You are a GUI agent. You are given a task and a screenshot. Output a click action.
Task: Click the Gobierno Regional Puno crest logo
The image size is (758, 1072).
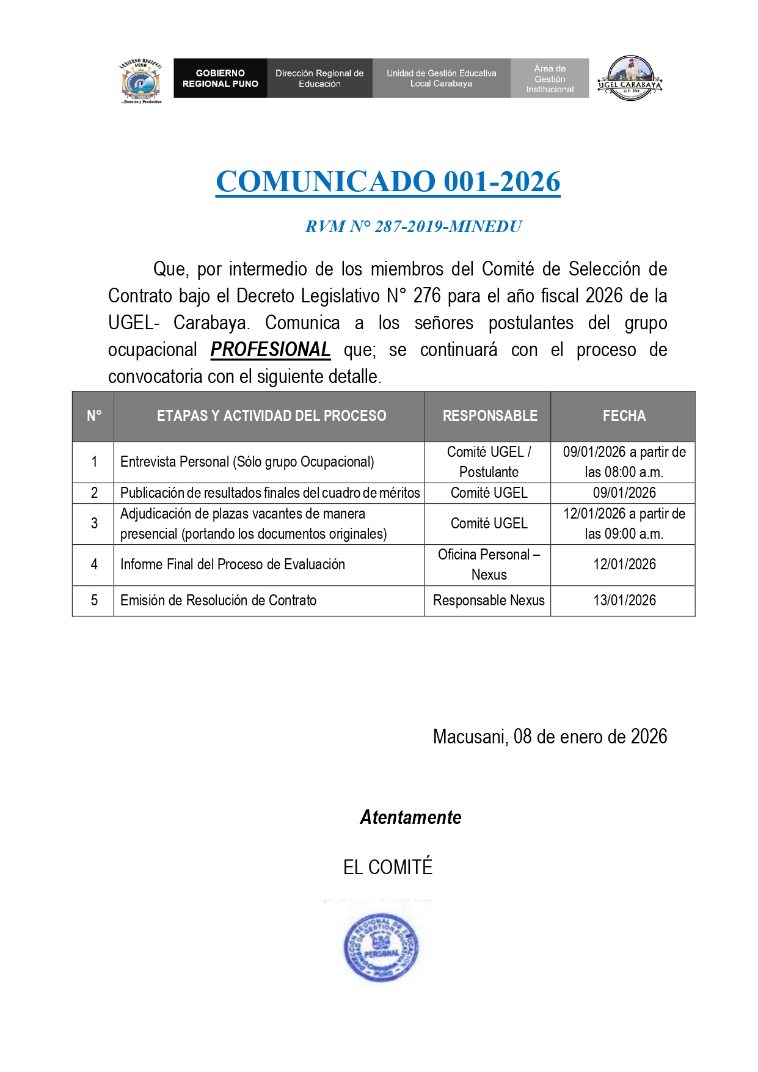(141, 81)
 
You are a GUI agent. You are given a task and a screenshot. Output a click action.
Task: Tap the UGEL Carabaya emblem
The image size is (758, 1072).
(630, 78)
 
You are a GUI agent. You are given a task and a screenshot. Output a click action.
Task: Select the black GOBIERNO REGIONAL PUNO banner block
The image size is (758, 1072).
(220, 78)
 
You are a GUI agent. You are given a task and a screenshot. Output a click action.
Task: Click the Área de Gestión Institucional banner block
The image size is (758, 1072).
(550, 78)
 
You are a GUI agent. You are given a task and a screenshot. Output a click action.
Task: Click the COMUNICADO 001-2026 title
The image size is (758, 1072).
(388, 182)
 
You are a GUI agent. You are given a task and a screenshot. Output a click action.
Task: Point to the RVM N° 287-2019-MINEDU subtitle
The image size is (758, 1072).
(414, 227)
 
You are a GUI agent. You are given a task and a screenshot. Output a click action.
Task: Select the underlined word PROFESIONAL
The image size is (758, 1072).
(271, 350)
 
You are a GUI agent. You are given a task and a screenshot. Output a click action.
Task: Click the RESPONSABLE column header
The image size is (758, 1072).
(490, 416)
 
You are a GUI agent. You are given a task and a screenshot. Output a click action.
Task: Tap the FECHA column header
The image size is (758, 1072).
(624, 416)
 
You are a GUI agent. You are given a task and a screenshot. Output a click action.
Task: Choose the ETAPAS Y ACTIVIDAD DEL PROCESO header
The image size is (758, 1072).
(271, 416)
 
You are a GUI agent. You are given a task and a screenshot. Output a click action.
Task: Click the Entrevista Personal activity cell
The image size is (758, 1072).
(247, 462)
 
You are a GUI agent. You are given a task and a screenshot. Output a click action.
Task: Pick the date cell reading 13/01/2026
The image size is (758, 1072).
(624, 600)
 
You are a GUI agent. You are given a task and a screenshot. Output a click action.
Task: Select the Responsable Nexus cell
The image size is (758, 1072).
(489, 600)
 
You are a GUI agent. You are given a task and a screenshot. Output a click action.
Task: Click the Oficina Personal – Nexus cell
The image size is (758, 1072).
(489, 564)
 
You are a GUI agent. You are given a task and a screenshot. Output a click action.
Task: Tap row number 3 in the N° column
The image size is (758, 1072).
(94, 523)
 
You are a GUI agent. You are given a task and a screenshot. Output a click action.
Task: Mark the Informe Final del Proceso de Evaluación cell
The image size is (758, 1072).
(233, 564)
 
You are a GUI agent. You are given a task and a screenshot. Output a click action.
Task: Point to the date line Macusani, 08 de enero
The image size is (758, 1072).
(550, 737)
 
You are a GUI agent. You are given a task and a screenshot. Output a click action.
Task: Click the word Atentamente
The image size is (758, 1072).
(410, 817)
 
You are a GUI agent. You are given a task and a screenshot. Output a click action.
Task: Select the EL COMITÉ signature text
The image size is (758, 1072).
(388, 867)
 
